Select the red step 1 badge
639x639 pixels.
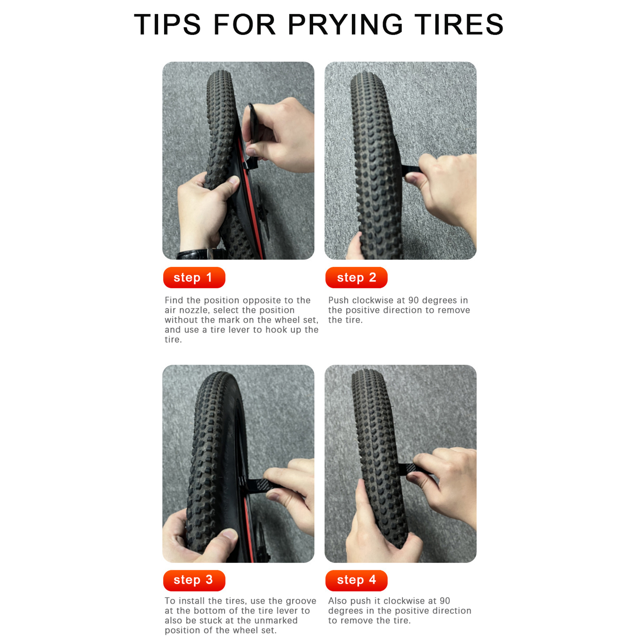pos(194,277)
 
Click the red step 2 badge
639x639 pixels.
pos(356,277)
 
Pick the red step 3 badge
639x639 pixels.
pos(194,580)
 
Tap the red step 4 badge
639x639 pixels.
pos(356,580)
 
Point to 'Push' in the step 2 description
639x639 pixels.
pos(338,300)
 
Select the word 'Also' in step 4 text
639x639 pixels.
pos(337,601)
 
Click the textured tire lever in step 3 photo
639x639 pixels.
pos(258,485)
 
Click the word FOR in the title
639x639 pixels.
pos(244,24)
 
